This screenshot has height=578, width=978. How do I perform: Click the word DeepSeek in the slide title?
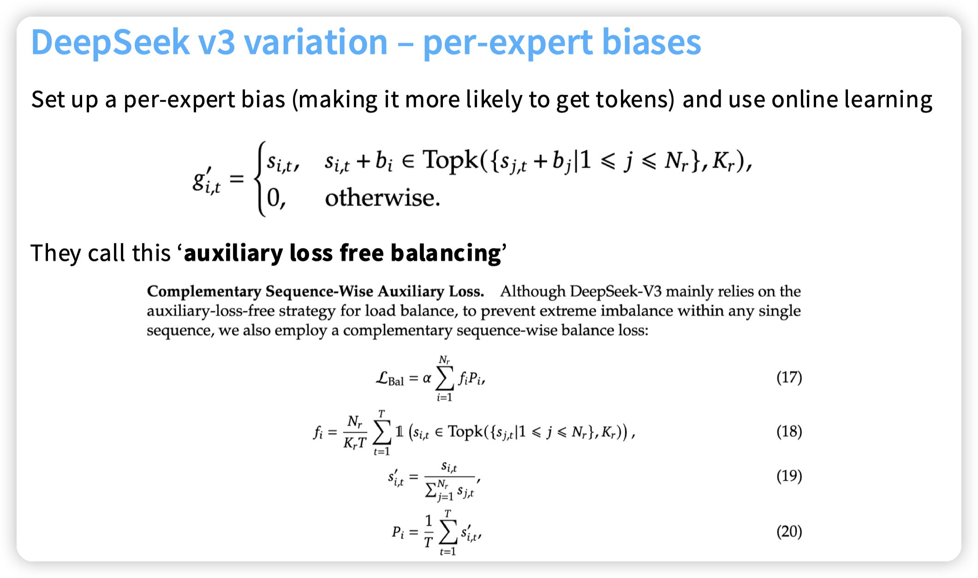click(x=110, y=43)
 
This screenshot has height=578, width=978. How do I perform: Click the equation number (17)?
click(x=789, y=378)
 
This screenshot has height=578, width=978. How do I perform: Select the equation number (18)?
click(x=789, y=432)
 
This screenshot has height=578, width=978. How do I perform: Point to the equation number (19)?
click(x=789, y=476)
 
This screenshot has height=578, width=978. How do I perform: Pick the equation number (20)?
click(x=789, y=531)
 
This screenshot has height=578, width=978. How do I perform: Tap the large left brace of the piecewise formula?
click(x=261, y=179)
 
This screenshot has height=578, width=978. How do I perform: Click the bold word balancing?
click(x=446, y=253)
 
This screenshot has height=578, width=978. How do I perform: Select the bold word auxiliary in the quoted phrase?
click(x=233, y=253)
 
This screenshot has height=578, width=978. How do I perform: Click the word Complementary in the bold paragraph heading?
click(x=204, y=292)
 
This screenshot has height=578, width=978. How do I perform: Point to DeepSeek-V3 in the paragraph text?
click(x=616, y=291)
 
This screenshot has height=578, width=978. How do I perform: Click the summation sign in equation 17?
click(x=445, y=379)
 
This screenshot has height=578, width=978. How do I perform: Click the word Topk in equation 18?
click(x=465, y=432)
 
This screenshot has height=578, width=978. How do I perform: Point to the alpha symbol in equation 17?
click(x=427, y=379)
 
